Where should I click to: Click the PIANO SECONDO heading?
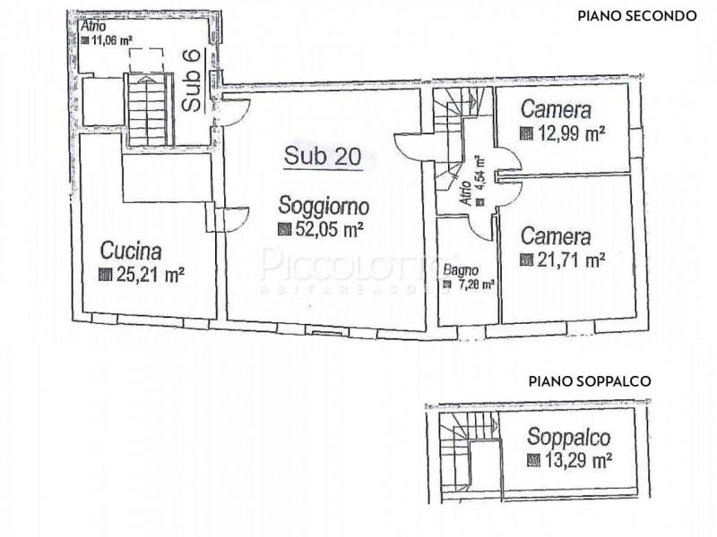(x=636, y=15)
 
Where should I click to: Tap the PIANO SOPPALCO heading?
(x=590, y=380)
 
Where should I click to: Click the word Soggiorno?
(x=323, y=205)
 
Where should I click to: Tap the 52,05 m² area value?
(x=328, y=229)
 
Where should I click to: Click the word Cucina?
(x=131, y=249)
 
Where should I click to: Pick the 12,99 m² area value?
(x=570, y=134)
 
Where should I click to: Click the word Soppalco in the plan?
(x=568, y=438)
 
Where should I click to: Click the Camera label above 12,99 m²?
(x=556, y=111)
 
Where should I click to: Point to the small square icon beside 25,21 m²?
(x=104, y=275)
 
